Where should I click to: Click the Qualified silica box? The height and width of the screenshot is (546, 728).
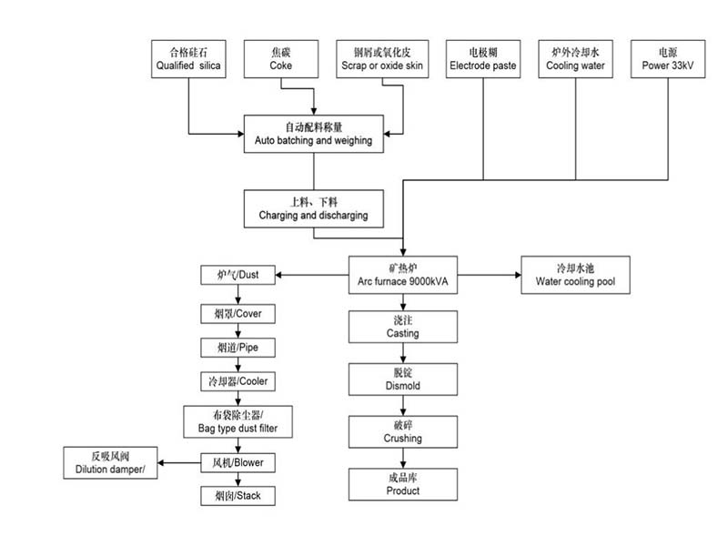(189, 58)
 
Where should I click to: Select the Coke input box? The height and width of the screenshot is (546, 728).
(281, 58)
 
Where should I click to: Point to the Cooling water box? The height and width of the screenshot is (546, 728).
(575, 58)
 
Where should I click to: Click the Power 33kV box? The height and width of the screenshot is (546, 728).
(668, 58)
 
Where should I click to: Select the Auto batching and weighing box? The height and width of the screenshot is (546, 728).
(313, 135)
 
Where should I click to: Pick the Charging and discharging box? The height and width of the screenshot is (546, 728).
(313, 208)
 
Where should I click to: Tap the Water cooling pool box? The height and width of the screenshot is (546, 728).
(580, 274)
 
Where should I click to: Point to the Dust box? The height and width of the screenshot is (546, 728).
(238, 274)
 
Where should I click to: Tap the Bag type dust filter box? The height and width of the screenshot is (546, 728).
(238, 420)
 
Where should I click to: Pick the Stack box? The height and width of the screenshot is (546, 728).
(238, 496)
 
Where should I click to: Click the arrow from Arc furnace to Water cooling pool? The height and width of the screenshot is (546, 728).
(487, 274)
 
